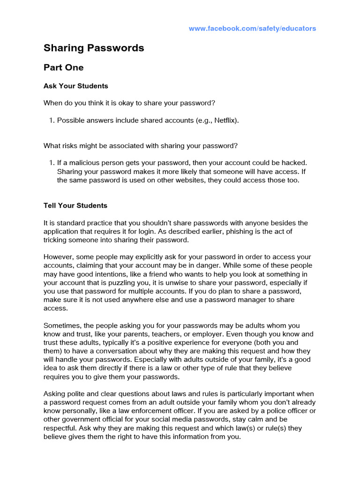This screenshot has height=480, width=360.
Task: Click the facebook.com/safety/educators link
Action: click(x=252, y=29)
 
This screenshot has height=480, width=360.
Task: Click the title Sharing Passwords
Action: click(x=94, y=48)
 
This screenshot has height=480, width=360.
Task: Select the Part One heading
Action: click(x=63, y=67)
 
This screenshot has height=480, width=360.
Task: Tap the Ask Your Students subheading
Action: click(x=75, y=86)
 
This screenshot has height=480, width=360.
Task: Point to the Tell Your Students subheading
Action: click(x=75, y=206)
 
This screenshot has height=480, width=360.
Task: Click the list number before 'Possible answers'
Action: click(x=52, y=120)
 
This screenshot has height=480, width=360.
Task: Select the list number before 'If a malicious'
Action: click(x=52, y=163)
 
